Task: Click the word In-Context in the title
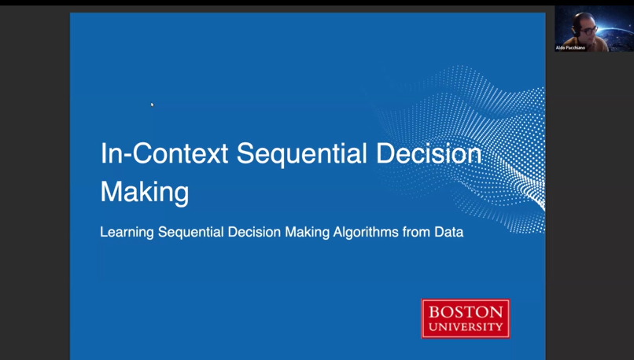(x=164, y=153)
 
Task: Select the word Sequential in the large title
(x=301, y=155)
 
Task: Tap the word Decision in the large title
(x=429, y=153)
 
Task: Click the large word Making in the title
(x=145, y=193)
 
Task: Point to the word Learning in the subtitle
(x=127, y=233)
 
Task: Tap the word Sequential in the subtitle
(x=190, y=233)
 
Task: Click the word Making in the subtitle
(x=308, y=233)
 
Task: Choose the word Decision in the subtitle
(x=254, y=232)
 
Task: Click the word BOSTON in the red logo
(x=466, y=312)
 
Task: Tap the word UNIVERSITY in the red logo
(x=466, y=327)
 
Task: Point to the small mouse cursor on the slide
(x=153, y=105)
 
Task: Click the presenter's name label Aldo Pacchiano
(x=570, y=48)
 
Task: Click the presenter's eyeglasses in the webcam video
(x=589, y=30)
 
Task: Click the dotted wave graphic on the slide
(x=465, y=149)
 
